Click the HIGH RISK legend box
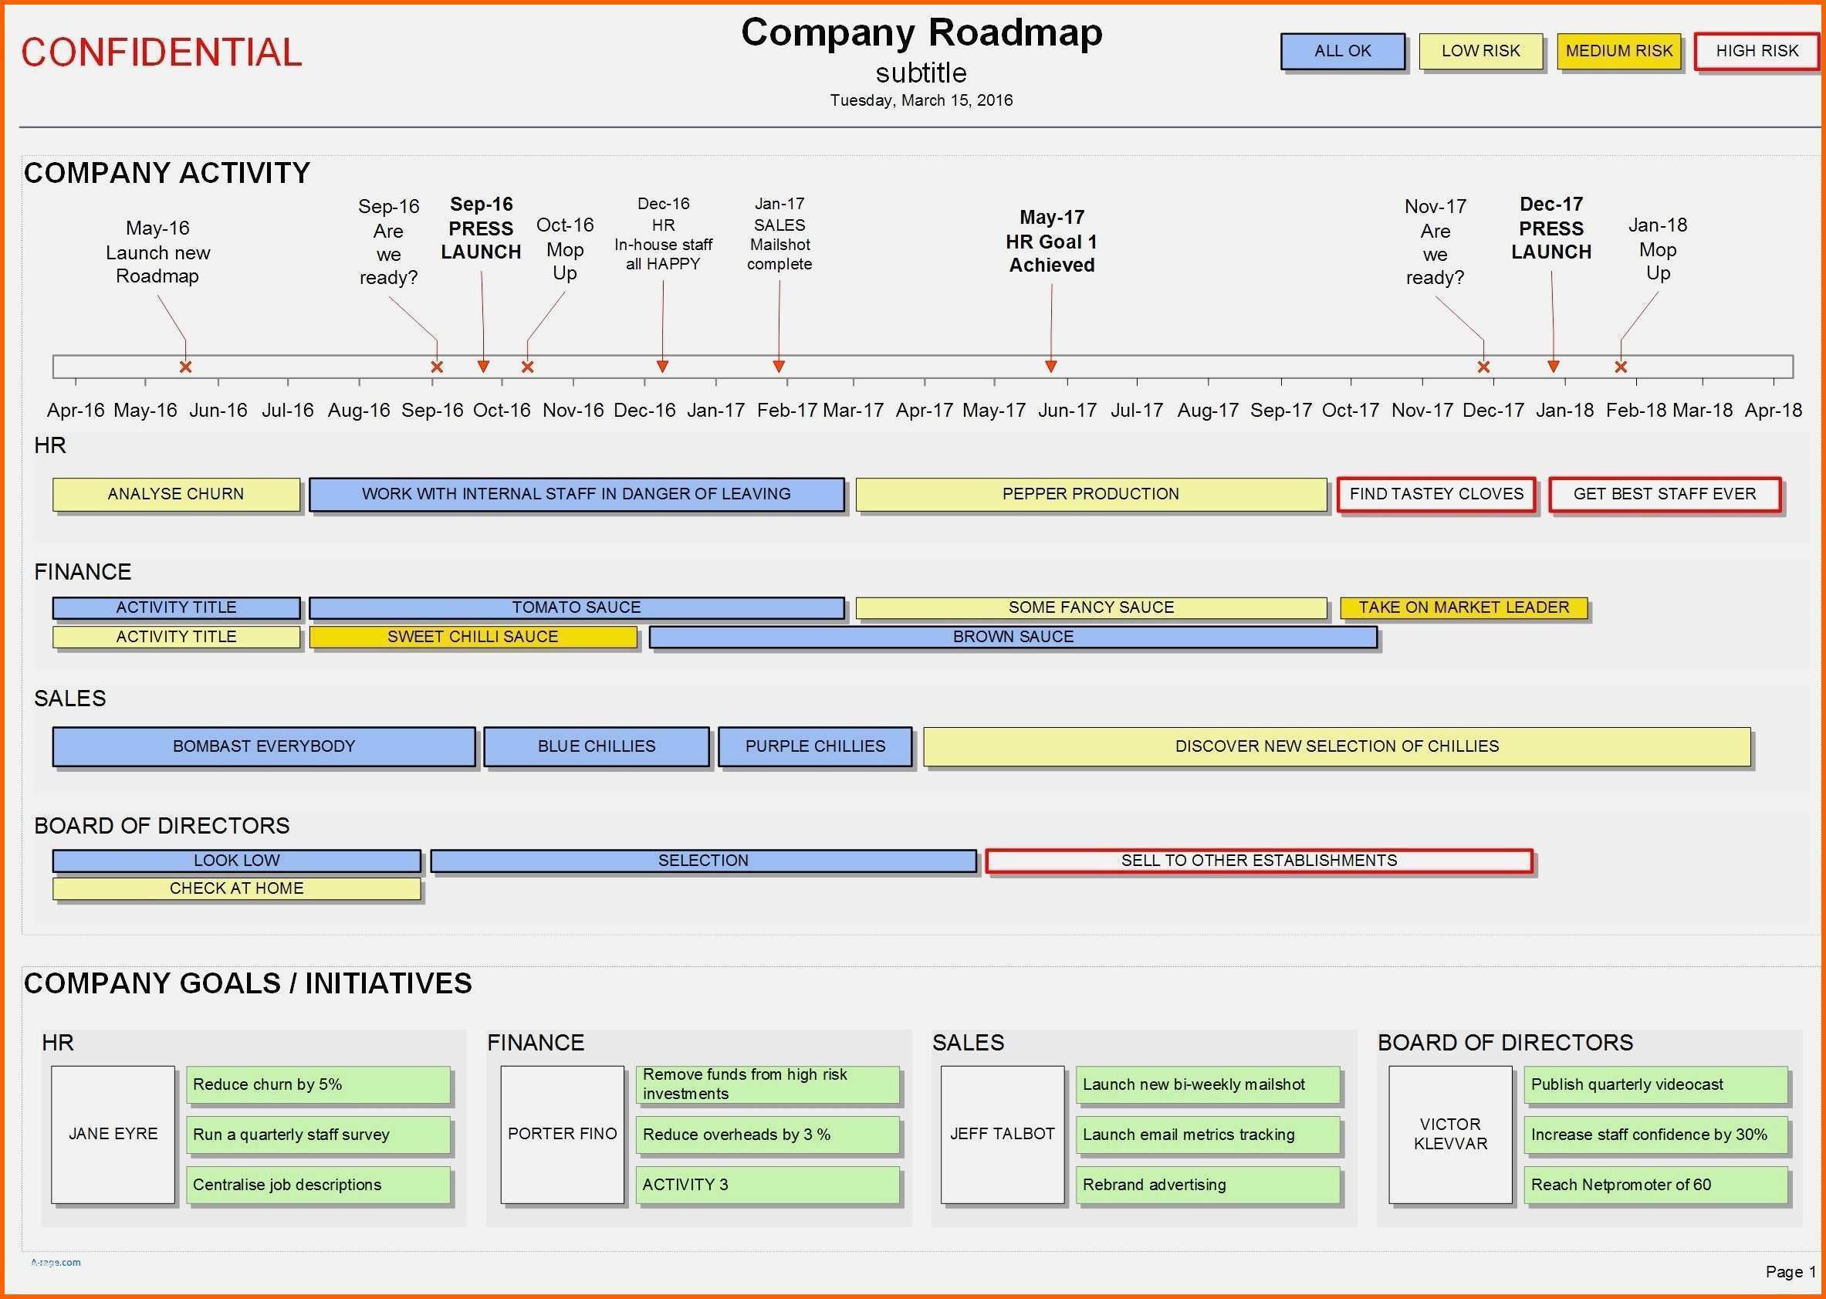[1757, 51]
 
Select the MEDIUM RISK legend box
[1619, 51]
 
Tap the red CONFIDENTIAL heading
[161, 52]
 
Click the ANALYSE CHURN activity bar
[176, 494]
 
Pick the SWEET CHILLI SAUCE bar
[472, 637]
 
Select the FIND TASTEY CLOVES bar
[1436, 494]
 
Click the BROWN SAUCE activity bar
[1013, 637]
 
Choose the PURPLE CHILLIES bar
[815, 746]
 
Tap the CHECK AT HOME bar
[237, 888]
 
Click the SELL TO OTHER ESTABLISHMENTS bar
[1259, 861]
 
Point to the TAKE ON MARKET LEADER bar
[1464, 608]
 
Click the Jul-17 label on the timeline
[1137, 411]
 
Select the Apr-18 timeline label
[1774, 411]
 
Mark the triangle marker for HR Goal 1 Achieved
[1051, 367]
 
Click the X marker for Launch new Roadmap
[185, 367]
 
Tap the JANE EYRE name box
[113, 1135]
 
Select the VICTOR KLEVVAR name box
[1450, 1135]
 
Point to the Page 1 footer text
[1790, 1272]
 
